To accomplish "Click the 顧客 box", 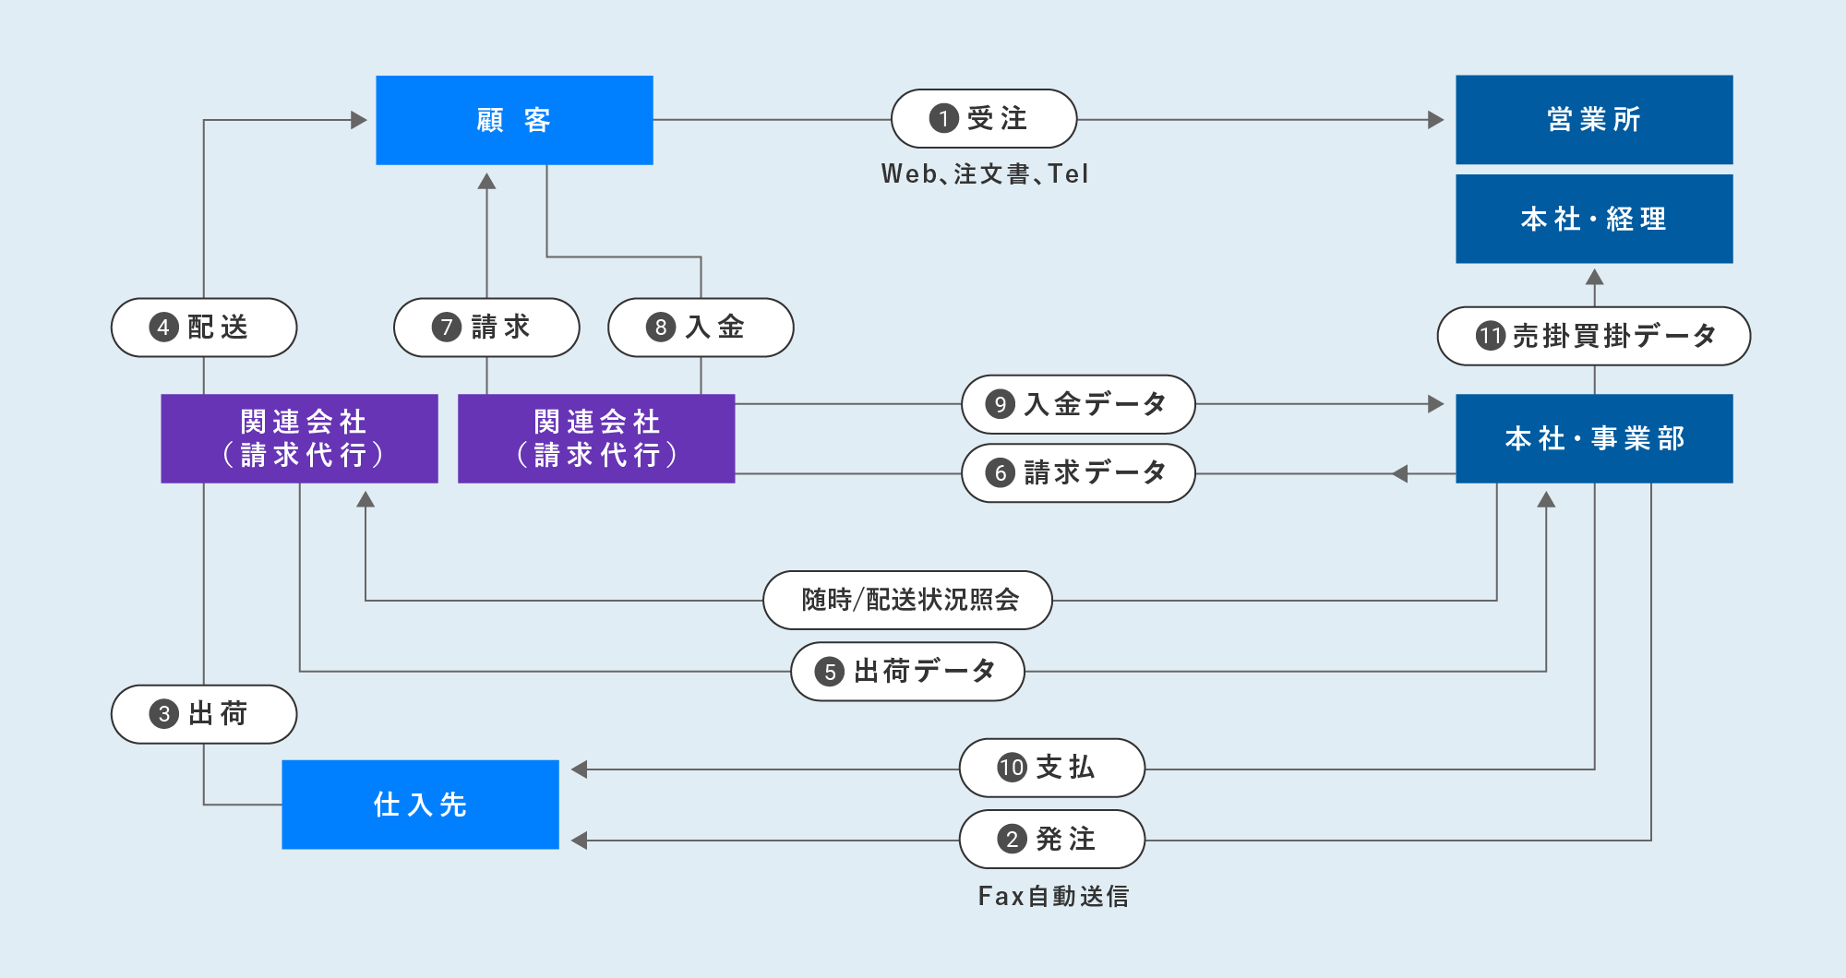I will (514, 120).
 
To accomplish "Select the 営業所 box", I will (1594, 120).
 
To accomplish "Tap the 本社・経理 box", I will (1594, 219).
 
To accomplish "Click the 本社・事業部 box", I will (1594, 438).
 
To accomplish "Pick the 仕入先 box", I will (420, 805).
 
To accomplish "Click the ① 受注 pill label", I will (984, 119).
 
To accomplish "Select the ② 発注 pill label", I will (1052, 840).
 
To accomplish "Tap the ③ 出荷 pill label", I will (204, 714).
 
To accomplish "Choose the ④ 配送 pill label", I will (204, 328).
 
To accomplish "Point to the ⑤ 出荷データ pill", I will (907, 672).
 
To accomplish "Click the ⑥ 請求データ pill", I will (1078, 473).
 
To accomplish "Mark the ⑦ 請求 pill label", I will (486, 328).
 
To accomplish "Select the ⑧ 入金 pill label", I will (701, 328).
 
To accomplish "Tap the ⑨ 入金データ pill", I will (1078, 404).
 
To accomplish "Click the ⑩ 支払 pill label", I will (1052, 768).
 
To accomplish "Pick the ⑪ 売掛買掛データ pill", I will (1594, 336).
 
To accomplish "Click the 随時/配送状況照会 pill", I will (907, 601).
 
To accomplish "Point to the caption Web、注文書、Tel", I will (985, 174).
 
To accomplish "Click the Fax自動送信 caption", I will (1053, 896).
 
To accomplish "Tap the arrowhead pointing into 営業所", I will (1435, 120).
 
